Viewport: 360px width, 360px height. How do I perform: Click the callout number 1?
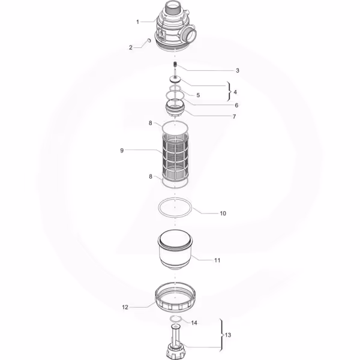tap(137, 22)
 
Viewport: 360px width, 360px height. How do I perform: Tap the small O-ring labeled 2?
tap(149, 40)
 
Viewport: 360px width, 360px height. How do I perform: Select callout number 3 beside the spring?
tap(238, 70)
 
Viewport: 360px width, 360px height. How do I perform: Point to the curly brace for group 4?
tap(229, 91)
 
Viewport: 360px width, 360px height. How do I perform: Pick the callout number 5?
tap(198, 95)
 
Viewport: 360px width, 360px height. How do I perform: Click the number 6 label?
tap(236, 106)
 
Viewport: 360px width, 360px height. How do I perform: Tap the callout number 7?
tap(234, 116)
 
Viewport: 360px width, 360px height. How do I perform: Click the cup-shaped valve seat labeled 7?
tap(175, 109)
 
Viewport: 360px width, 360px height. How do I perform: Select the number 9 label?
tap(122, 151)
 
